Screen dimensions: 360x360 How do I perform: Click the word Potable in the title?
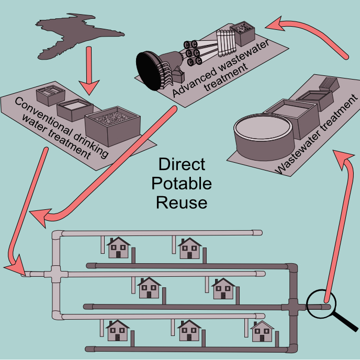point(182,184)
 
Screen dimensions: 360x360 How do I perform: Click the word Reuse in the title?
point(182,202)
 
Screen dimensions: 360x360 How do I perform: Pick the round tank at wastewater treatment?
point(260,134)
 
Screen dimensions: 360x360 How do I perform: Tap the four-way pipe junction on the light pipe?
point(57,274)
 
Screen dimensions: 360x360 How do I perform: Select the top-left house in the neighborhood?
point(118,247)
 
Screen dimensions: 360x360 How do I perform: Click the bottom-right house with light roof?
point(262,332)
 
